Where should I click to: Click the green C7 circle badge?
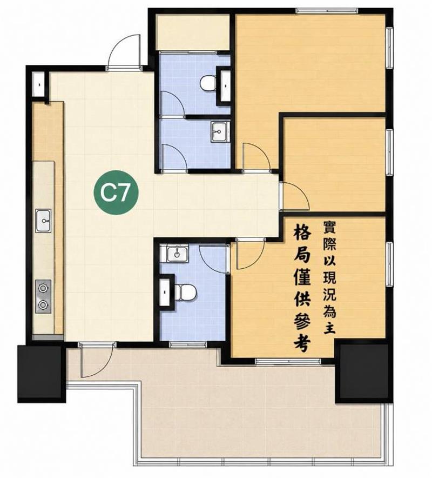pos(116,192)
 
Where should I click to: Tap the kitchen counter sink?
pos(43,221)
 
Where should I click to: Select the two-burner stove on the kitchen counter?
pos(43,296)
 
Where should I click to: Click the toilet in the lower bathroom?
pos(185,292)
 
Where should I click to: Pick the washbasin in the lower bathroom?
pos(177,253)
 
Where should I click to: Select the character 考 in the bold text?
pos(302,343)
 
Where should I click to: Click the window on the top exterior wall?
pos(327,11)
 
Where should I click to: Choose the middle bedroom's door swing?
pos(294,196)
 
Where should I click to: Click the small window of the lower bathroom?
pos(188,344)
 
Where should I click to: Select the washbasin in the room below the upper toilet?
pos(219,131)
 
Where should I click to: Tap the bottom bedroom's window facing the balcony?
pos(288,362)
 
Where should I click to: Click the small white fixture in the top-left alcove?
pos(39,84)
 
